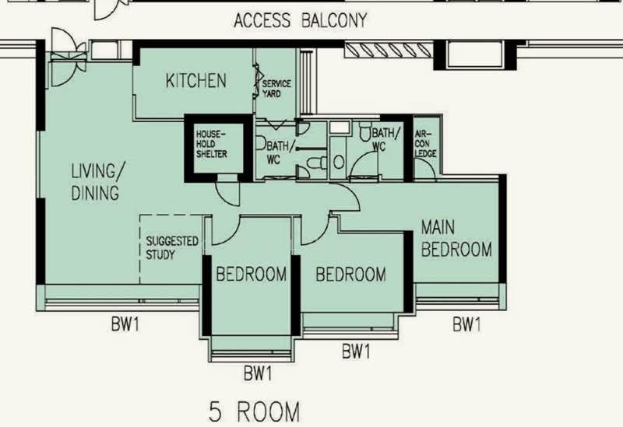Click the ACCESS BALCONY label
300,20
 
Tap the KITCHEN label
196,80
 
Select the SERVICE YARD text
276,89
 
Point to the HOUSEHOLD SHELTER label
212,144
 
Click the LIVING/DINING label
95,181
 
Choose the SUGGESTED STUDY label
172,248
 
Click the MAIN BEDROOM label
456,239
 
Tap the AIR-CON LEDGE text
426,144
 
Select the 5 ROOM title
255,410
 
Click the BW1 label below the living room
125,324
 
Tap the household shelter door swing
227,191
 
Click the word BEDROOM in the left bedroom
252,274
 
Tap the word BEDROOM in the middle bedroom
350,274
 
